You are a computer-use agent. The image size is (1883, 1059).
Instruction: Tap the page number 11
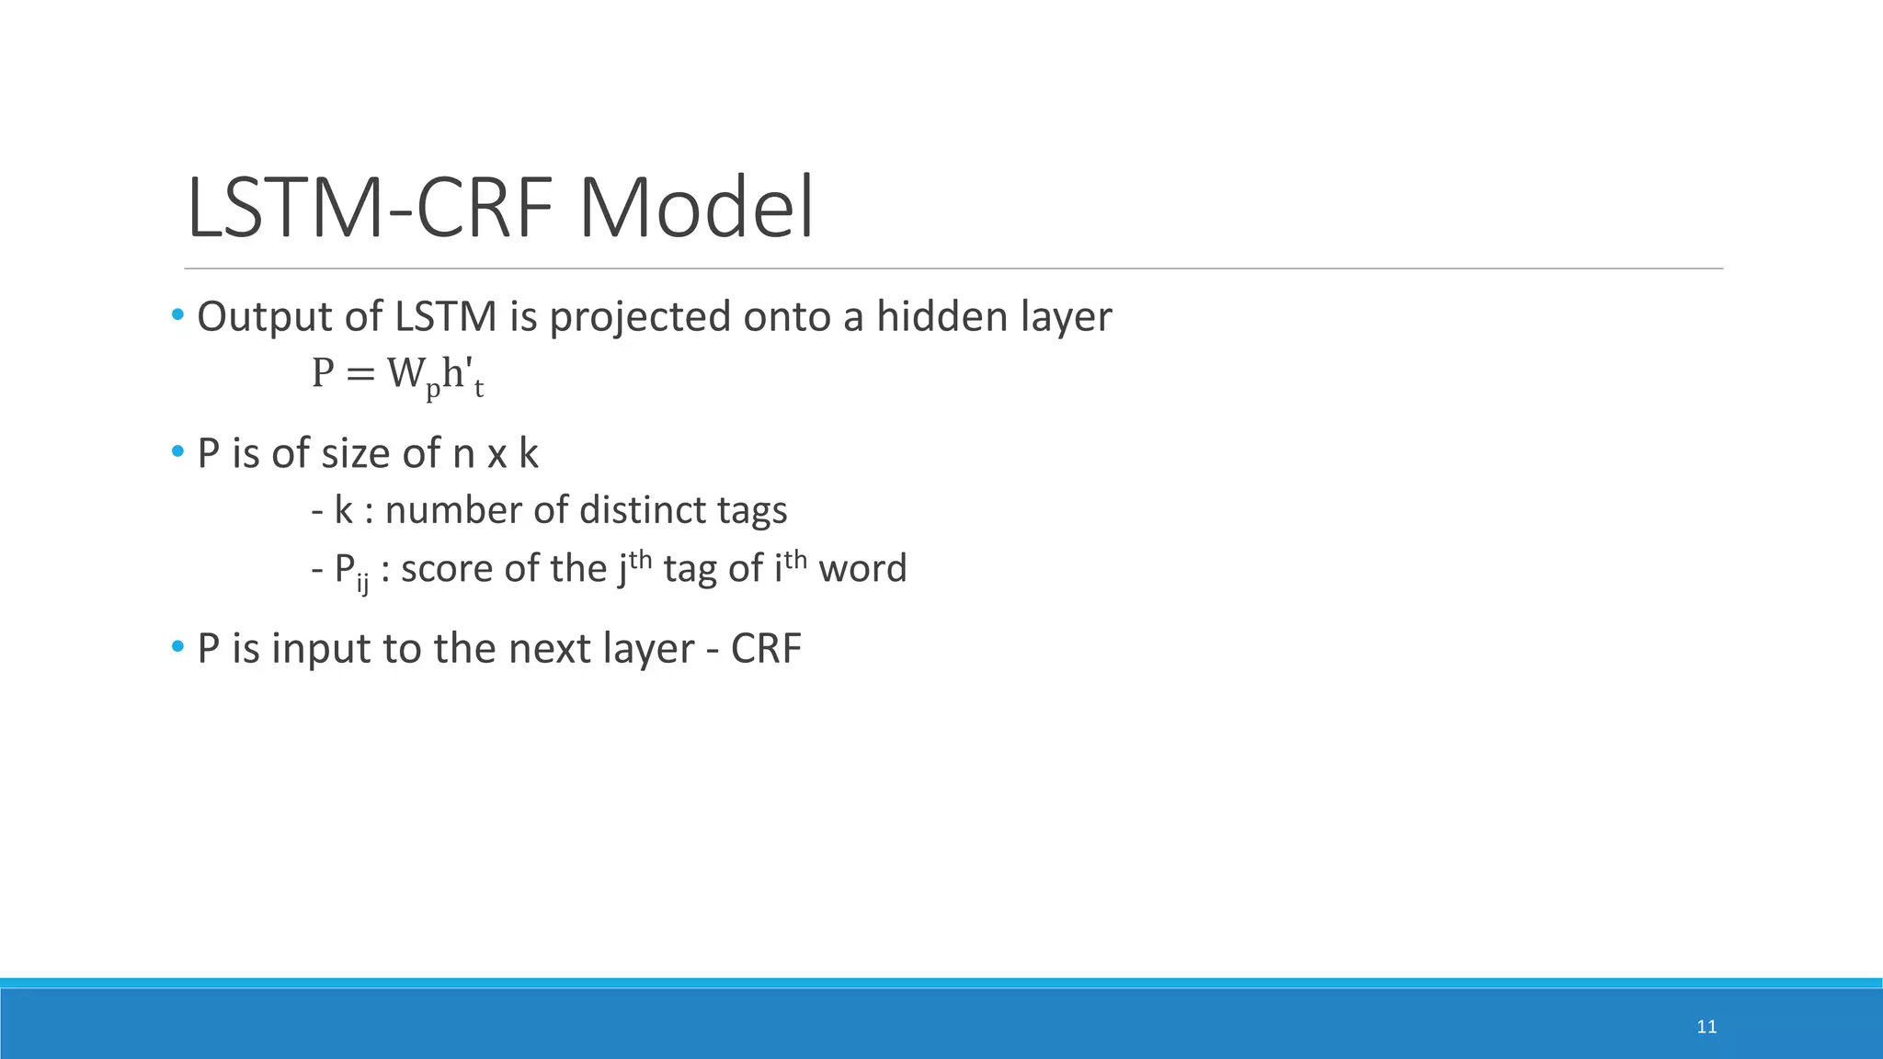(1706, 1027)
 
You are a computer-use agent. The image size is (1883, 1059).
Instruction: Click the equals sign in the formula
(360, 374)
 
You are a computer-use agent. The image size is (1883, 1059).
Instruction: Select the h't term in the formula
(462, 376)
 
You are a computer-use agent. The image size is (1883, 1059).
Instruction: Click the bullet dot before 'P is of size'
(177, 452)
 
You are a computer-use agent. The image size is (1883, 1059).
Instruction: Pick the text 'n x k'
(495, 453)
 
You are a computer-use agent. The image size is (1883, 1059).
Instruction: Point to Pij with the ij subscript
(350, 570)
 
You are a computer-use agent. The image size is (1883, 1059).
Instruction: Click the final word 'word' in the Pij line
(862, 568)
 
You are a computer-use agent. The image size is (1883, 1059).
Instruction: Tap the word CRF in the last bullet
(766, 648)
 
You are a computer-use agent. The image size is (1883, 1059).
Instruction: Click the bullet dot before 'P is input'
(177, 647)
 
